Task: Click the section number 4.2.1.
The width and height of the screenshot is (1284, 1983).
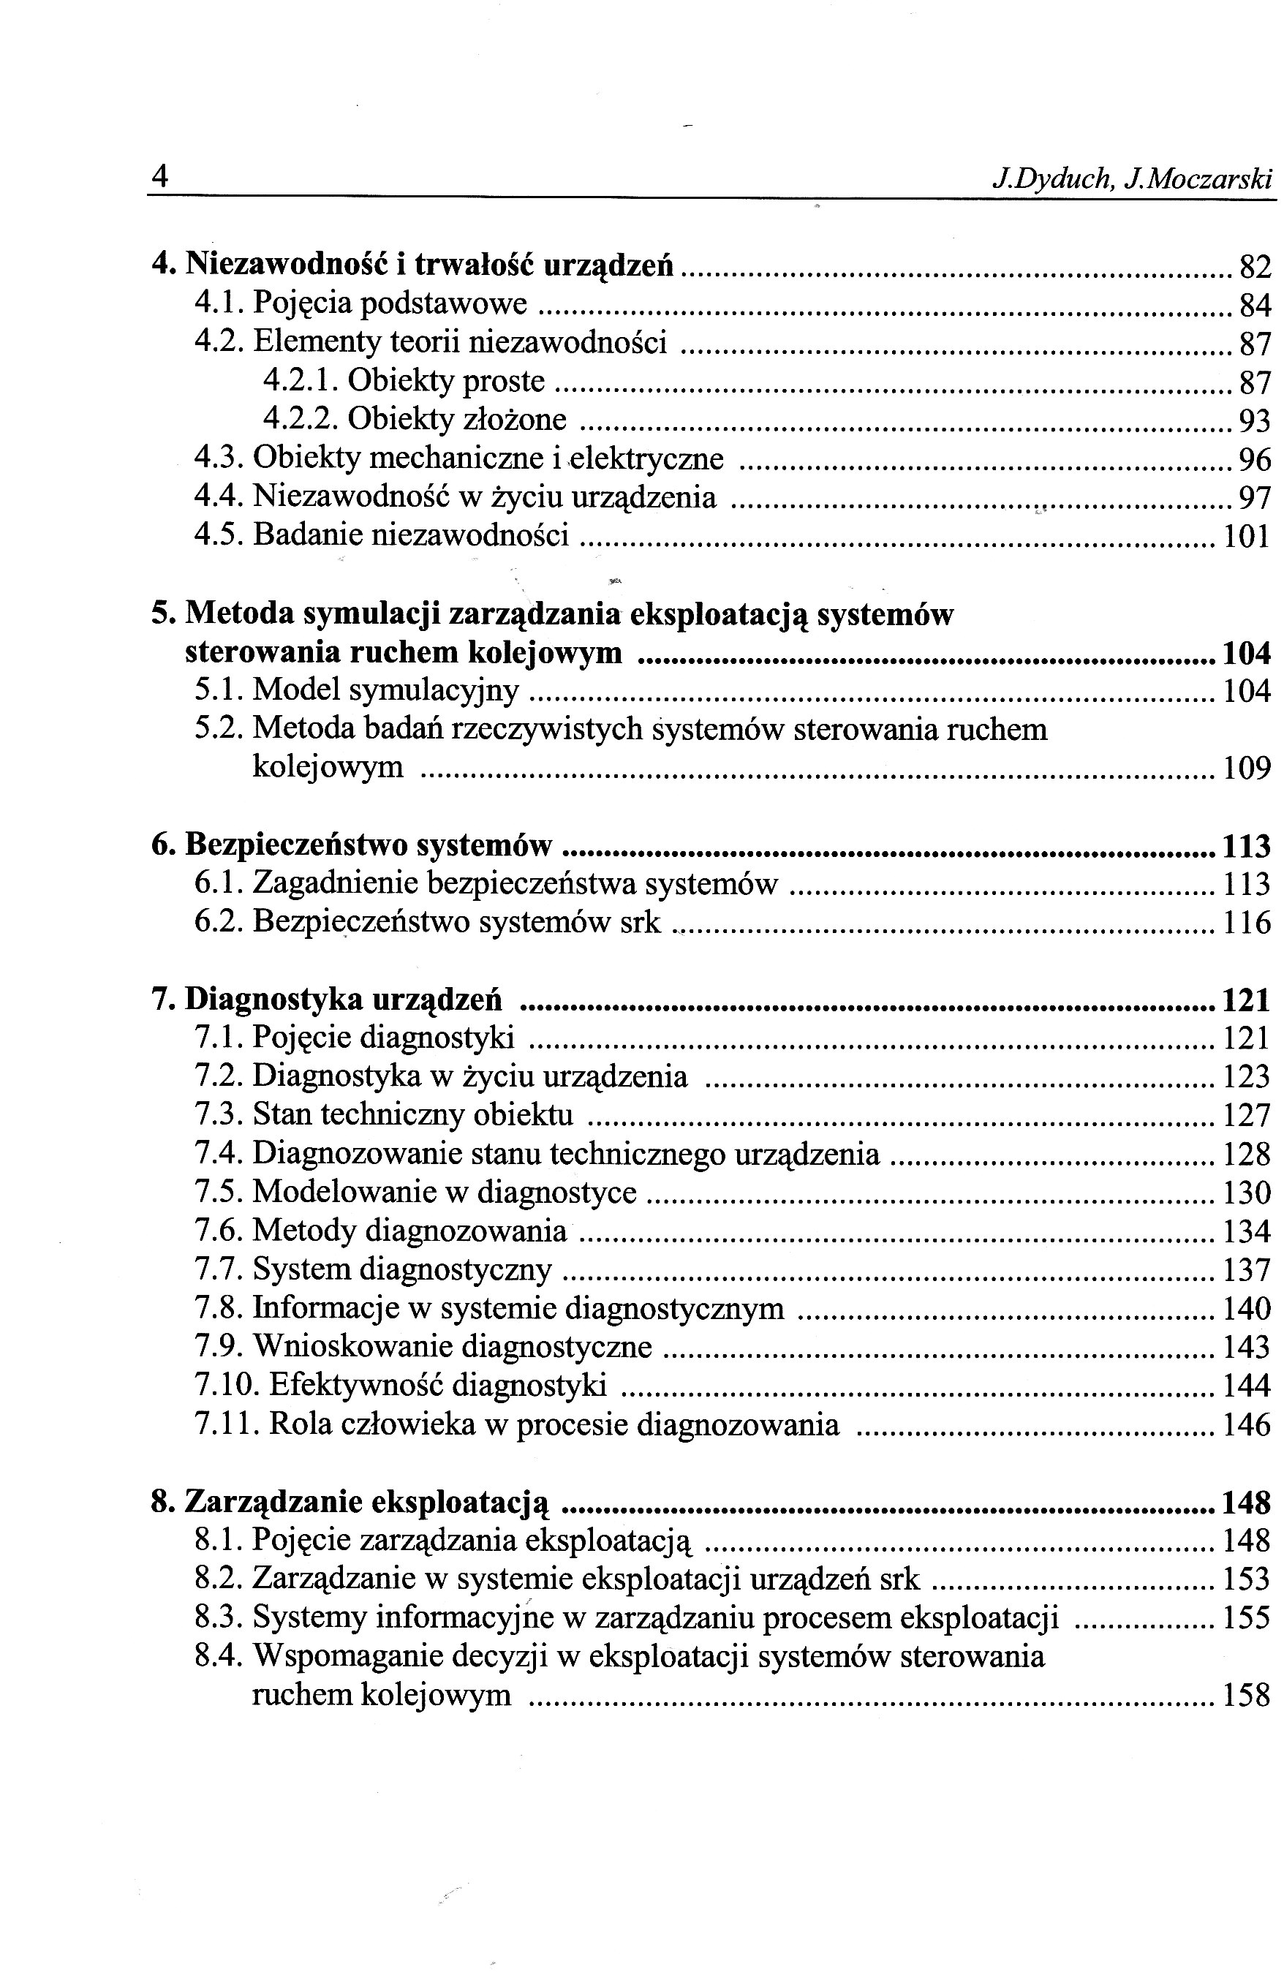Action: point(299,381)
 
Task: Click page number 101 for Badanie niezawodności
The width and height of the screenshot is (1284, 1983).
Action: point(1247,536)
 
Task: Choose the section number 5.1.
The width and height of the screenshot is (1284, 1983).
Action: point(219,690)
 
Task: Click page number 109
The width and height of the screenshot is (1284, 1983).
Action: point(1247,767)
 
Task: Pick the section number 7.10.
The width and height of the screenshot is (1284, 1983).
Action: point(228,1385)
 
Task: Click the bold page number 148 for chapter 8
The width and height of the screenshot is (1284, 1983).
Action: point(1246,1503)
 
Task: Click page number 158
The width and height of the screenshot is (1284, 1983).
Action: point(1247,1696)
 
